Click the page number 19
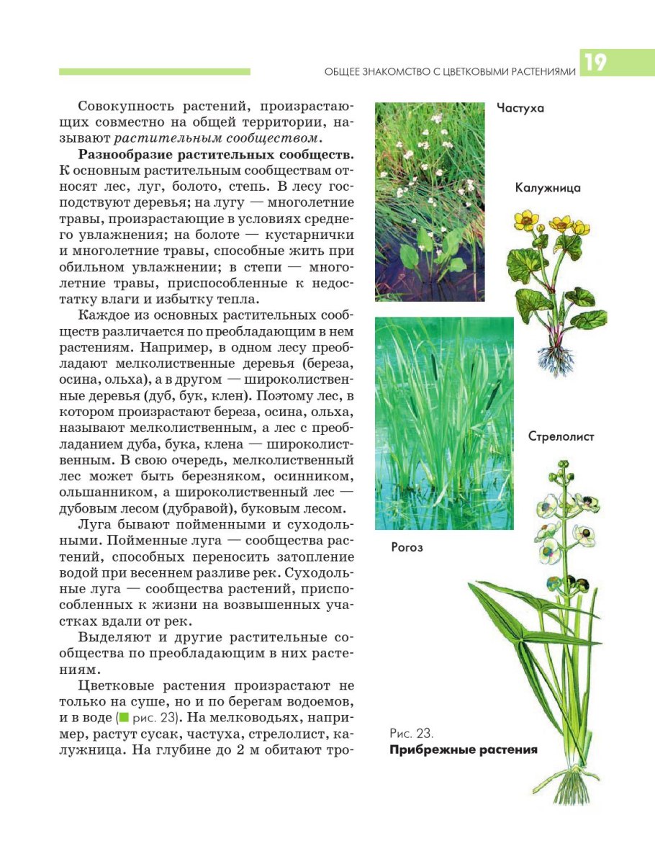pos(595,63)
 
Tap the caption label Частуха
pos(520,109)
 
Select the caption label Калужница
pos(548,188)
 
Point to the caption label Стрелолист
pos(561,437)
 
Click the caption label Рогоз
pos(407,547)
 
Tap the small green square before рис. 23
pos(124,718)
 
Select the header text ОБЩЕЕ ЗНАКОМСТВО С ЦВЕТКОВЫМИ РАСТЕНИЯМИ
pos(451,72)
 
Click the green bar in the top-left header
pos(155,71)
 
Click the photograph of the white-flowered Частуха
pos(430,201)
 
